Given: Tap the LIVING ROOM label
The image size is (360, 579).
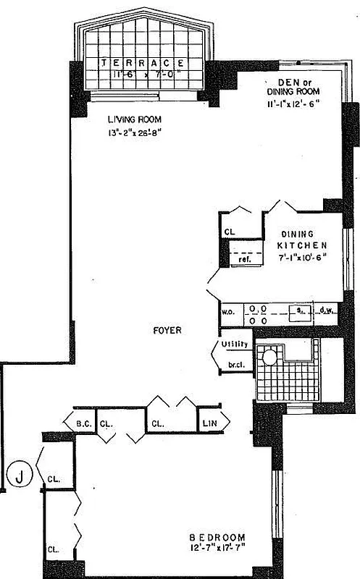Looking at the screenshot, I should [x=134, y=119].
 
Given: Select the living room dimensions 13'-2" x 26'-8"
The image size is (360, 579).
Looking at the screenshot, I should [x=135, y=132].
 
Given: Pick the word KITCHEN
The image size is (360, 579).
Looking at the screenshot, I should [x=298, y=246].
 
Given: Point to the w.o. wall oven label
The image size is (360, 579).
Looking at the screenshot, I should [x=226, y=312].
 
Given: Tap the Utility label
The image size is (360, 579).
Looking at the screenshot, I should [x=235, y=345].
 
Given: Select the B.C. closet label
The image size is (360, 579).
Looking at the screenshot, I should [x=81, y=423].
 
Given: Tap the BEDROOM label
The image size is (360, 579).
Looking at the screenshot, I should [x=217, y=538].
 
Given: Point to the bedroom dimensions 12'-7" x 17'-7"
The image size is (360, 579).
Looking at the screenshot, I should [x=217, y=549].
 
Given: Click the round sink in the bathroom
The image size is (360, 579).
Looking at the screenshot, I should [x=270, y=355].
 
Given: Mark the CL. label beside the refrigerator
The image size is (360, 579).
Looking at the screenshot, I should [x=230, y=232].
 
